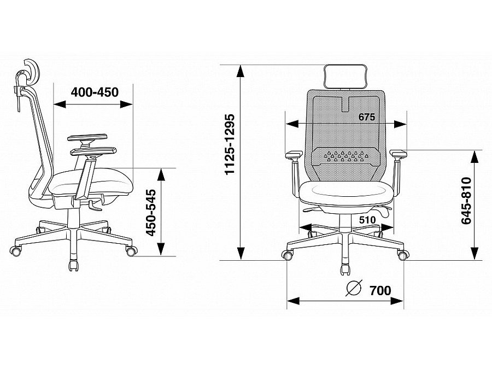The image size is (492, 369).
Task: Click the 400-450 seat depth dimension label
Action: click(x=95, y=92)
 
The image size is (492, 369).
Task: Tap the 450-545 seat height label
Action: click(x=152, y=213)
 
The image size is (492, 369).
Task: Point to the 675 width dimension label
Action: click(x=367, y=117)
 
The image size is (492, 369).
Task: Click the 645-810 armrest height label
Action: click(x=467, y=201)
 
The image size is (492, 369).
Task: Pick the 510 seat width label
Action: click(x=367, y=220)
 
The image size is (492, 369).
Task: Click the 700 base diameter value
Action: click(x=380, y=291)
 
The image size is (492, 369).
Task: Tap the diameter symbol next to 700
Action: click(x=354, y=288)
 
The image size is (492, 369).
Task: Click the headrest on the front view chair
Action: click(x=345, y=76)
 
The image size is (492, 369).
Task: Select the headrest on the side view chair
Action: click(x=31, y=72)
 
